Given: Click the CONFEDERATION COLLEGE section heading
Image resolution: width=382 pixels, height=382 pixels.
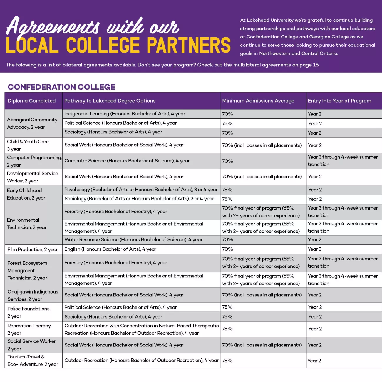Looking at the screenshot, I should coord(61,87).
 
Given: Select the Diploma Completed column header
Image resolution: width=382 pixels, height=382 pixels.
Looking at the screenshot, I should coord(31,101).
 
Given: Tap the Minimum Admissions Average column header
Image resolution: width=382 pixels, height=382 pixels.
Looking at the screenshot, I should coord(258,101).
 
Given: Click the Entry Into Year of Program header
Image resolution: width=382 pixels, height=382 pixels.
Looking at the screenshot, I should coord(339,101).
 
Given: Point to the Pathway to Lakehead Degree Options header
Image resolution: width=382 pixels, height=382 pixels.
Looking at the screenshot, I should coord(110,101).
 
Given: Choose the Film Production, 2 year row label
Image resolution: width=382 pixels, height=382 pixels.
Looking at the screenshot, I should coord(33,249).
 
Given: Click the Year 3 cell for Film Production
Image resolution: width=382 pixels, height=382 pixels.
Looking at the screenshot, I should coord(314,249).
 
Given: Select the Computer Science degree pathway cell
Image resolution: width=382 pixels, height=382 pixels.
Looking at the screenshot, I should coord(127,161).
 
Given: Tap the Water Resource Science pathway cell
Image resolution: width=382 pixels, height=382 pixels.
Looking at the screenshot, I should coord(133,239).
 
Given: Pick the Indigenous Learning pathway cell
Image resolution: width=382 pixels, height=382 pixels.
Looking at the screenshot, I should coord(125,114).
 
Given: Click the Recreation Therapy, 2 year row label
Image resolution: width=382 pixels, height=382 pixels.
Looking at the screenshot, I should coord(29,329).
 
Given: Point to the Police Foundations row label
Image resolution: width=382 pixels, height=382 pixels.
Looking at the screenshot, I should coord(29,312).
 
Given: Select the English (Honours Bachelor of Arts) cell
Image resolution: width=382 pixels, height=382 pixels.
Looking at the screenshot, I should coord(110,249).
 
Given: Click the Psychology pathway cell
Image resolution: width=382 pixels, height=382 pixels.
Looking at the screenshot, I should coord(141,190).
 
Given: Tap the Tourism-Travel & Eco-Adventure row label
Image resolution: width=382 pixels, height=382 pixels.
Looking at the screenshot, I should coord(33,361).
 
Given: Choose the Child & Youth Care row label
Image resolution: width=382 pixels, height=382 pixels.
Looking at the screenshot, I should coord(28,145).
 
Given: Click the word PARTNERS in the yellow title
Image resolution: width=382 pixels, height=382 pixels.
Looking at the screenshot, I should coord(188,46).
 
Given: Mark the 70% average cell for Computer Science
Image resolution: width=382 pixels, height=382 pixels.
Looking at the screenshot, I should coord(227,161).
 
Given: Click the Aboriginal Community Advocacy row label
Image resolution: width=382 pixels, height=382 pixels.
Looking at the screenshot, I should coord(32,123).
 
